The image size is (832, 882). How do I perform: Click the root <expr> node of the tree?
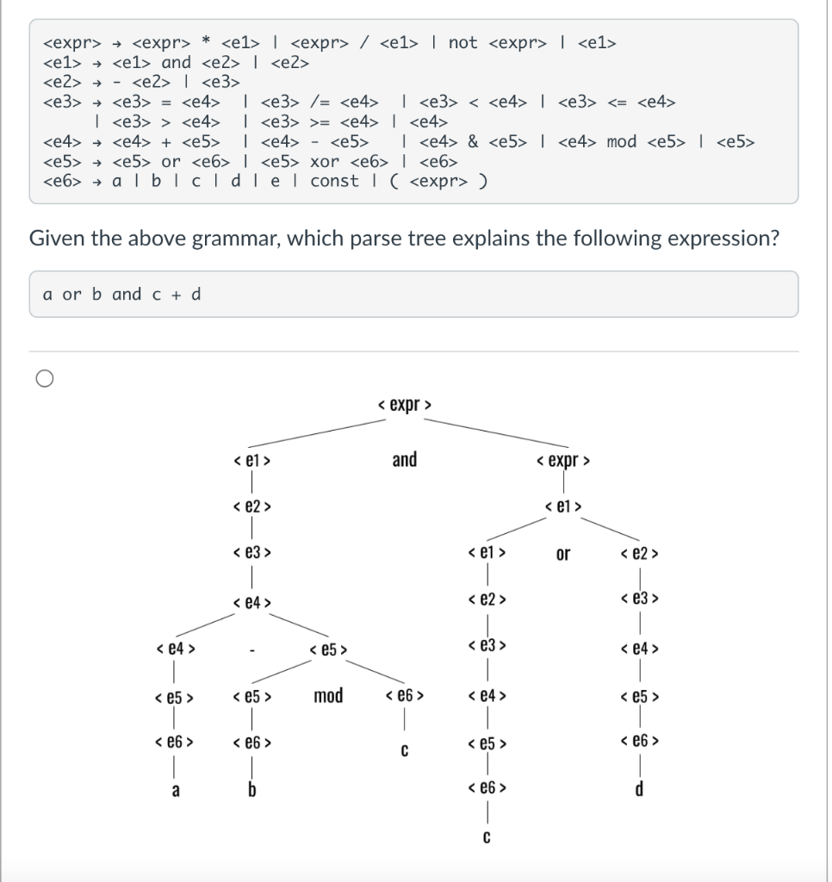coord(405,403)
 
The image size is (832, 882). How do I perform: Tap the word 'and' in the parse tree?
coord(404,460)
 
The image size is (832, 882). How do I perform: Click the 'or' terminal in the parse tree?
coord(562,554)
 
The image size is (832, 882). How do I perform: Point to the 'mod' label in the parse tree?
coord(328,695)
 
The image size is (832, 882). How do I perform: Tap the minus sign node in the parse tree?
coord(251,651)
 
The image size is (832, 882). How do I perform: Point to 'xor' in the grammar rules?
coord(324,161)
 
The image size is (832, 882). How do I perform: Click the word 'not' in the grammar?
coord(463,42)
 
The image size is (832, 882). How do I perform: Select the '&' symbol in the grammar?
coord(473,141)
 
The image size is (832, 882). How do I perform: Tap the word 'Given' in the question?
coord(56,238)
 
